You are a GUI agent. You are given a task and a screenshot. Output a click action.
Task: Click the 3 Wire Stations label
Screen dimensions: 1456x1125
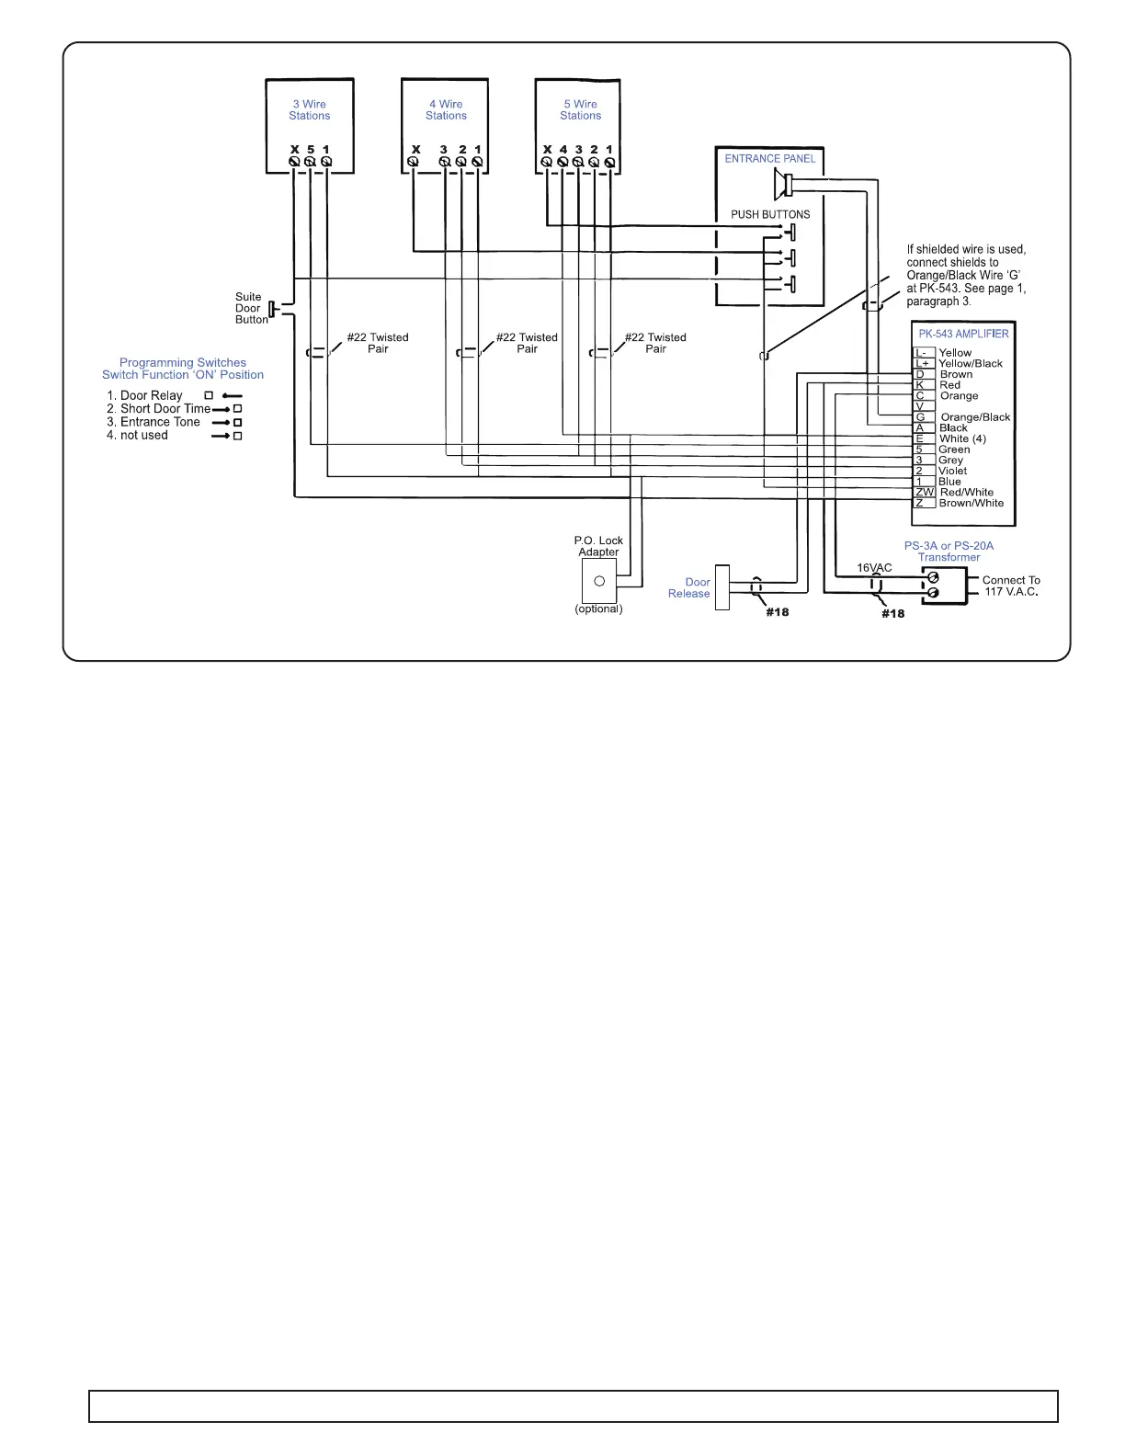pyautogui.click(x=309, y=110)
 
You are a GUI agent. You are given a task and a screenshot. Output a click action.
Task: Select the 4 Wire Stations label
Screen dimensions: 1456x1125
pyautogui.click(x=446, y=110)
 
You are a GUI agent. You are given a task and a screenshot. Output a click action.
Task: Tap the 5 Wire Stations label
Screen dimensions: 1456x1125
pyautogui.click(x=580, y=110)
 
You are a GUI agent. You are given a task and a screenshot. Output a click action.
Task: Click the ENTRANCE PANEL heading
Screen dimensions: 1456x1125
pyautogui.click(x=769, y=159)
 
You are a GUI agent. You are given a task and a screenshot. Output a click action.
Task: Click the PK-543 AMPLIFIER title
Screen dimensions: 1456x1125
pyautogui.click(x=963, y=334)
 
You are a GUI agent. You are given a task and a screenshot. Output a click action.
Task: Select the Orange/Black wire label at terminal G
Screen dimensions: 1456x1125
pyautogui.click(x=975, y=417)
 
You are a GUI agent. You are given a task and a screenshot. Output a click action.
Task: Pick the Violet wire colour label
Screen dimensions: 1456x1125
pyautogui.click(x=952, y=471)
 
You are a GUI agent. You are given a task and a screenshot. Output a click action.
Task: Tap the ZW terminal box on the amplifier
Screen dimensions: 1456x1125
pyautogui.click(x=924, y=493)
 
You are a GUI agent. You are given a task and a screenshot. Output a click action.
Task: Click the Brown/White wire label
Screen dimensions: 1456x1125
pyautogui.click(x=972, y=503)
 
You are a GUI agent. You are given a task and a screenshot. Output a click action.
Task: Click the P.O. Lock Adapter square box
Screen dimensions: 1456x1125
pyautogui.click(x=598, y=581)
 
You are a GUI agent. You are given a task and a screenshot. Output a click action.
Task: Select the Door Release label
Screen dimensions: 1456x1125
pyautogui.click(x=689, y=588)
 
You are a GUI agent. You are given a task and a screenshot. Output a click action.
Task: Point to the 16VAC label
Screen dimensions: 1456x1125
pyautogui.click(x=874, y=568)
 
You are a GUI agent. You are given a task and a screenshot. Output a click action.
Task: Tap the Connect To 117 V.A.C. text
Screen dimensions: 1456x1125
pyautogui.click(x=1011, y=586)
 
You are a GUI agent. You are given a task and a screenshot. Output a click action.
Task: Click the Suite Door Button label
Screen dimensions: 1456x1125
pyautogui.click(x=249, y=308)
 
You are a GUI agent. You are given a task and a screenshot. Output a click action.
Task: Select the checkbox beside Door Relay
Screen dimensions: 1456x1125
pyautogui.click(x=209, y=395)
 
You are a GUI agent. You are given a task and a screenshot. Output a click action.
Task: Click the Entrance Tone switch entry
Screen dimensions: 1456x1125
pyautogui.click(x=160, y=422)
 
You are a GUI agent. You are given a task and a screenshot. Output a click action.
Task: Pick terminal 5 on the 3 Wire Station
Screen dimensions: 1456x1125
pyautogui.click(x=310, y=162)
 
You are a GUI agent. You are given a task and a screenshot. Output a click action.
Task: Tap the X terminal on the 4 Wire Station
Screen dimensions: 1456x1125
pyautogui.click(x=414, y=162)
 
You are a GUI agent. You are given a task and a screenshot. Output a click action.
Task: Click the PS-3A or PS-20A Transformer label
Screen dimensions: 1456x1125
pyautogui.click(x=949, y=552)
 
